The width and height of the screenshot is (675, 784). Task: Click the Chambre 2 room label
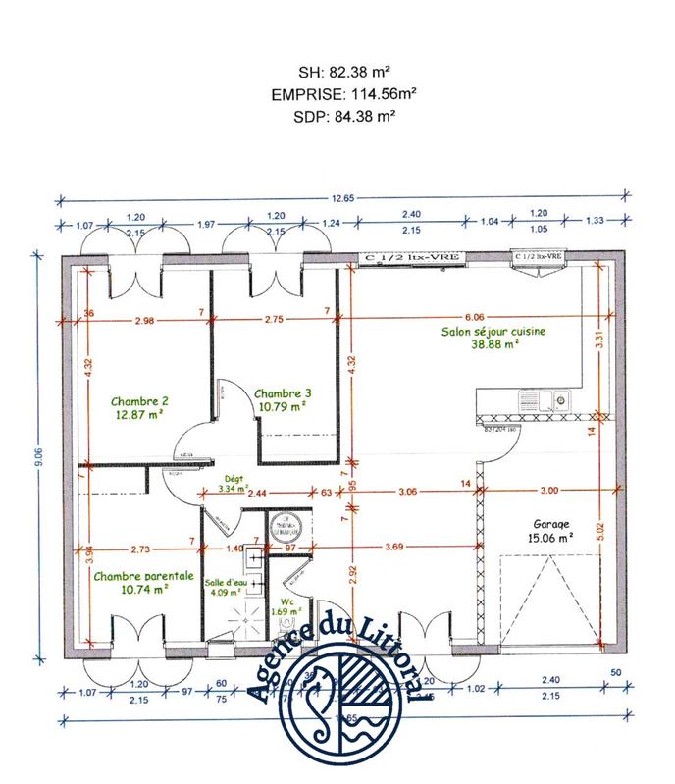coord(139,400)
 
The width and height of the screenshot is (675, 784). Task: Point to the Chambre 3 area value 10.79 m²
coord(282,403)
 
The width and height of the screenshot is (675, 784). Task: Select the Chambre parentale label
coord(143,577)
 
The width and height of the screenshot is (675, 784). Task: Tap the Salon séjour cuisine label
coord(493,332)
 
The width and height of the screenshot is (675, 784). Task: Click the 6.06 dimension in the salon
coord(474,317)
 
